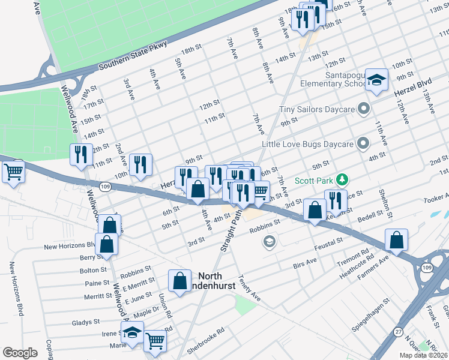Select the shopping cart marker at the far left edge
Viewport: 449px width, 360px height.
tap(13, 173)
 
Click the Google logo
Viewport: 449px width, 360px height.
tap(20, 353)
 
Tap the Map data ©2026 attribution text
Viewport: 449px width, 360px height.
tap(423, 355)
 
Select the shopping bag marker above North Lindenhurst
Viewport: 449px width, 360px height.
tap(181, 281)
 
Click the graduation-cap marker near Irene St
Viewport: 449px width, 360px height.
tap(132, 332)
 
